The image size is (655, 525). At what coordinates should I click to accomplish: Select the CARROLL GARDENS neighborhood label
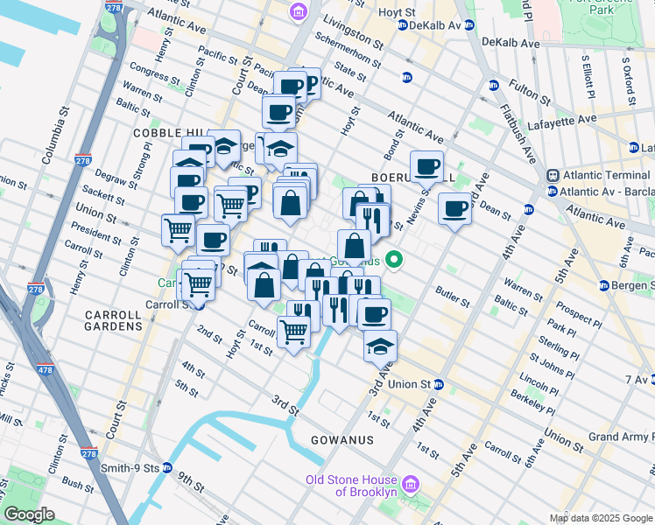point(114,319)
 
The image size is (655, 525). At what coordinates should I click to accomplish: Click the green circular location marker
point(395,259)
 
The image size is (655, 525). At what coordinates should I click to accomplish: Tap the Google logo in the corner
point(29,514)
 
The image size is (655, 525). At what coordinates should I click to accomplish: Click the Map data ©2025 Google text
point(601,518)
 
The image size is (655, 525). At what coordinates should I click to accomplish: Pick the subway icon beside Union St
point(440,384)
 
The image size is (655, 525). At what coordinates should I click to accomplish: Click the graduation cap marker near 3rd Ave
point(380,347)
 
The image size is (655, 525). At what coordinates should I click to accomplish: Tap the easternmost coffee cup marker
point(454,210)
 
